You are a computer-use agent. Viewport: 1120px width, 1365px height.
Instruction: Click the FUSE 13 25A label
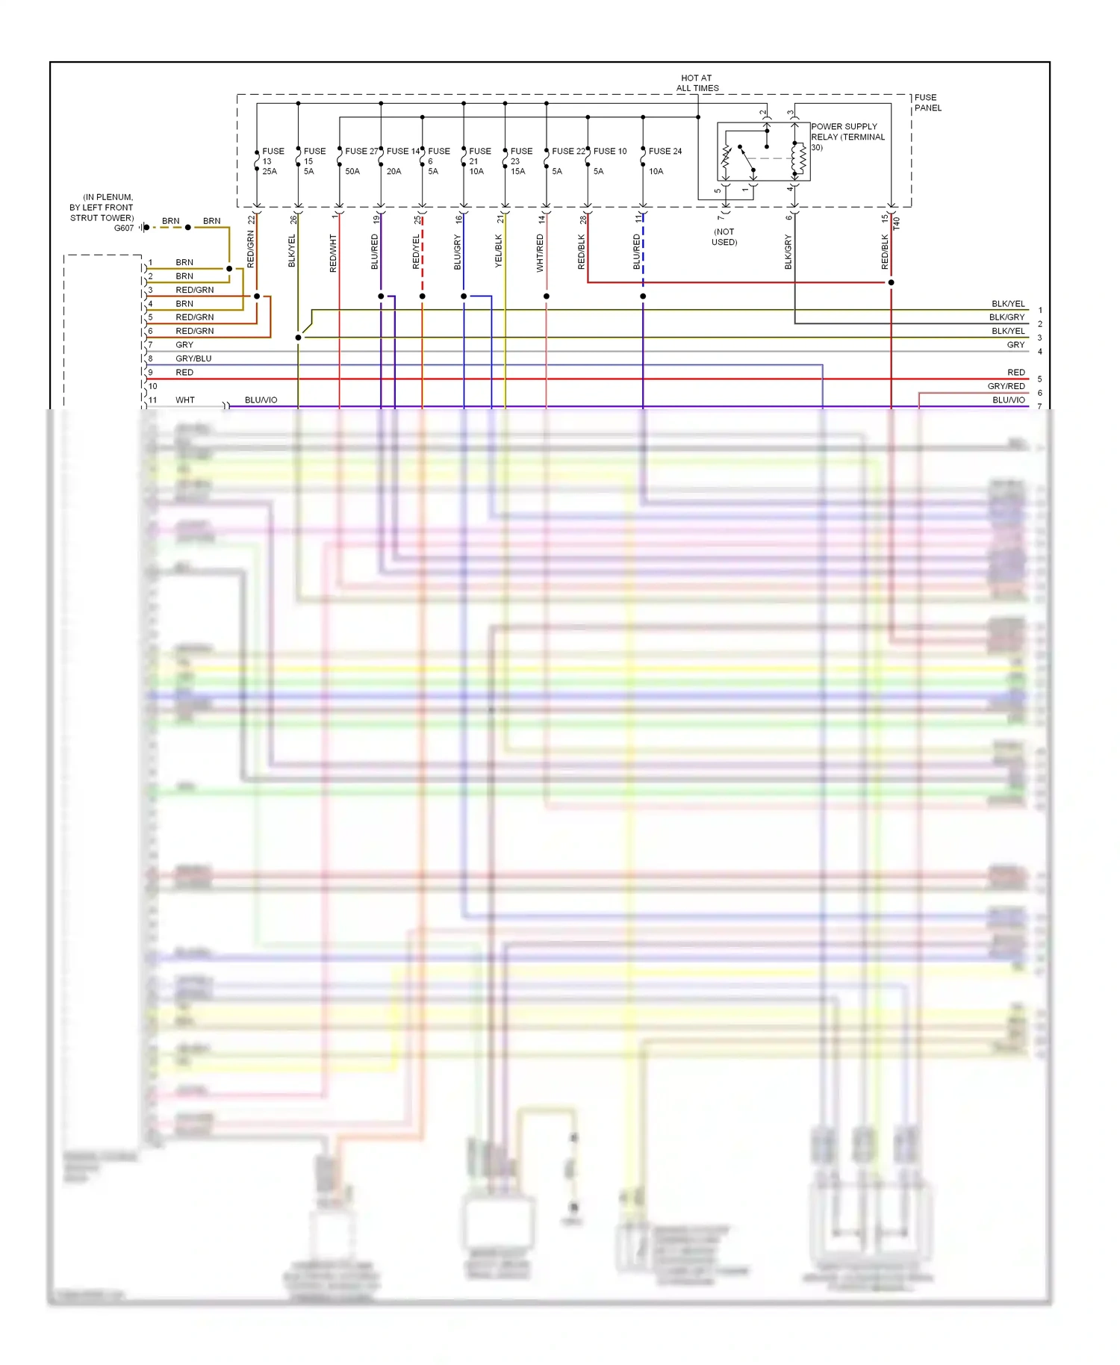[x=272, y=161]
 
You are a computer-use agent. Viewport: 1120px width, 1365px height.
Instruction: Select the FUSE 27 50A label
[x=361, y=161]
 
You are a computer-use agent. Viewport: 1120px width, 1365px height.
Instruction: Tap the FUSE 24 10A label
[x=664, y=161]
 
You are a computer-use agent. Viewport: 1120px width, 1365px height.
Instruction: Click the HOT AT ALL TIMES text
[x=697, y=83]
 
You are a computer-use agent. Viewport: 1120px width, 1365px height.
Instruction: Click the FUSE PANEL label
[x=927, y=103]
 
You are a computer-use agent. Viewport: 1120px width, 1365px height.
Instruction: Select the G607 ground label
[x=123, y=228]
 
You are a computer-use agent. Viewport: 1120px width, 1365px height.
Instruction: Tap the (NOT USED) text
[x=724, y=237]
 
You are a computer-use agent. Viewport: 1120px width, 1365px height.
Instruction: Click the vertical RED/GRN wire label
[x=251, y=249]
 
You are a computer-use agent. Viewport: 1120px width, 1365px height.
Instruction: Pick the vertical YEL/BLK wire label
[x=499, y=251]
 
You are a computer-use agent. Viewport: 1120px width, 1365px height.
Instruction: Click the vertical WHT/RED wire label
[x=540, y=252]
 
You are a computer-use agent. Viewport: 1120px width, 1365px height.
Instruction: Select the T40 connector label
[x=897, y=223]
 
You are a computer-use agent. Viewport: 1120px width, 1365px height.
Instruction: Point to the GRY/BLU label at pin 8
[x=193, y=358]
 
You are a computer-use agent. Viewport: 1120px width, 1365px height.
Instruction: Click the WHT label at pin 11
[x=184, y=400]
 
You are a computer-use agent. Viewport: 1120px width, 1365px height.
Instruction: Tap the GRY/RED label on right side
[x=1006, y=386]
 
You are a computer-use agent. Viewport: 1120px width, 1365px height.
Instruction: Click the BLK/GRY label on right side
[x=1007, y=317]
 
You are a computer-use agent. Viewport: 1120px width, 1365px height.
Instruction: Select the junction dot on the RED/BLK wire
[x=891, y=282]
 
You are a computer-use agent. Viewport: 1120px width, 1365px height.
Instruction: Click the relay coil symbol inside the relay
[x=800, y=158]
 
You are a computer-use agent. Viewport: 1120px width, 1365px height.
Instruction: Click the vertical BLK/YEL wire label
[x=292, y=251]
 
